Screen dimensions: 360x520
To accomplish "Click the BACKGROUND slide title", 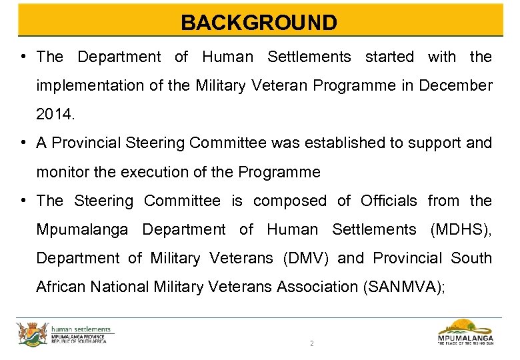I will [x=259, y=23].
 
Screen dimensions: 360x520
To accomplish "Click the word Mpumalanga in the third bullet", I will [x=82, y=229].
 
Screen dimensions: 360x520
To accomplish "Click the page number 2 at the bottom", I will [x=311, y=344].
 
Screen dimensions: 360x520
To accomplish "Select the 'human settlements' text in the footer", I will [x=82, y=328].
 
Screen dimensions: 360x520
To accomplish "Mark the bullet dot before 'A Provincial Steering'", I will [x=23, y=143].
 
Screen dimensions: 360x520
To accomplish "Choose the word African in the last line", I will [x=61, y=287].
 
